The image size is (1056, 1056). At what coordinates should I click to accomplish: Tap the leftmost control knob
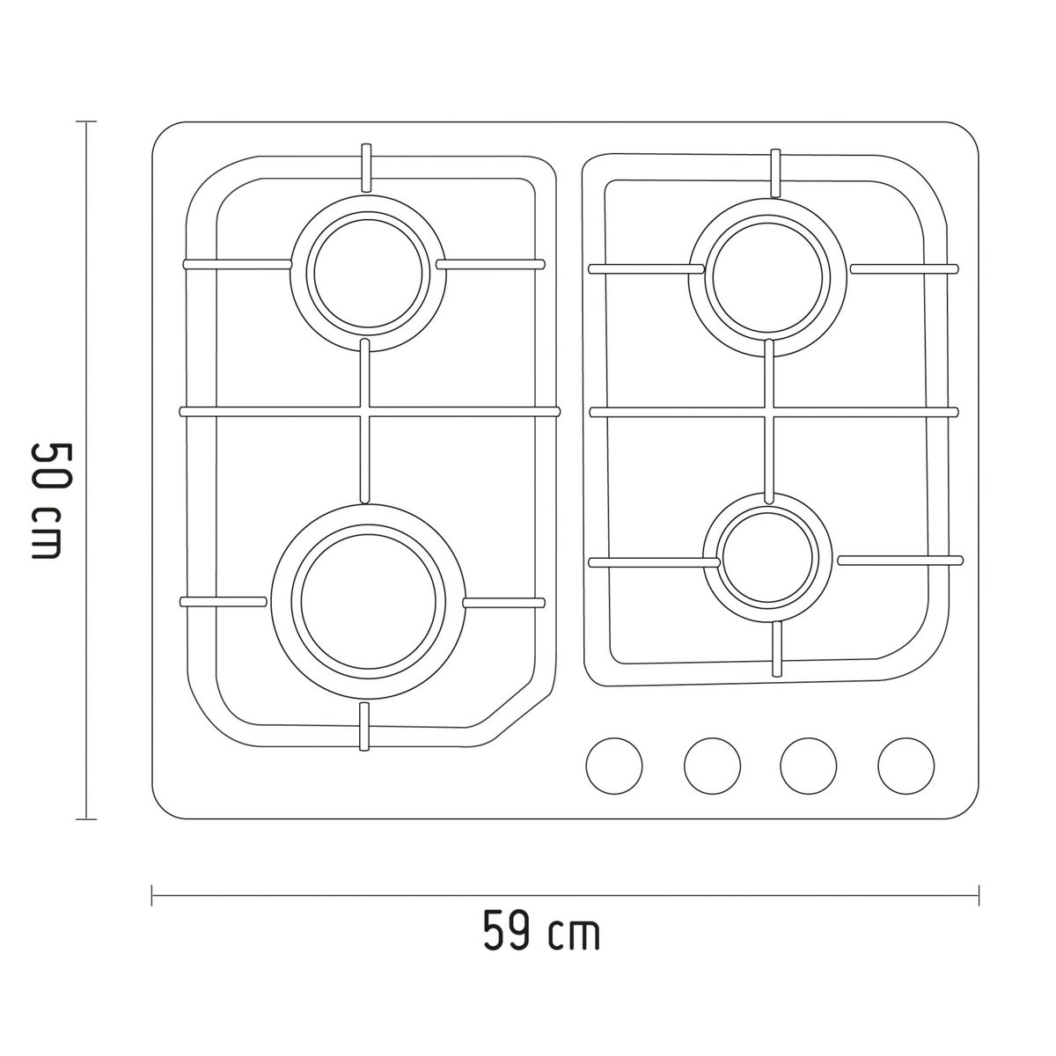click(x=614, y=763)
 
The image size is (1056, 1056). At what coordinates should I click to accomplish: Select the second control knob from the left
click(x=712, y=763)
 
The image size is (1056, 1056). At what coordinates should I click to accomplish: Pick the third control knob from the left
click(x=809, y=763)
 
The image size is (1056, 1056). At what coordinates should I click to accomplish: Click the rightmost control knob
click(x=906, y=763)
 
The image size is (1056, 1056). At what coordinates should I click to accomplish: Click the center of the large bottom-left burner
click(x=368, y=598)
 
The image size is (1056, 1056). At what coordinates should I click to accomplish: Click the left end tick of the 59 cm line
click(x=153, y=896)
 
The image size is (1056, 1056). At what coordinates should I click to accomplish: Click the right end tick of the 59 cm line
click(x=979, y=896)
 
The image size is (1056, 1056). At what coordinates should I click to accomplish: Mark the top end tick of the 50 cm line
click(x=85, y=121)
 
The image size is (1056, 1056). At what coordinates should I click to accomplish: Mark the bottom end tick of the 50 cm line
click(x=85, y=819)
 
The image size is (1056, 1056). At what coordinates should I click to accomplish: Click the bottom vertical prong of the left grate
click(x=365, y=727)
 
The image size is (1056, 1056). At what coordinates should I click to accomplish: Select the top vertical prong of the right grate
click(x=776, y=172)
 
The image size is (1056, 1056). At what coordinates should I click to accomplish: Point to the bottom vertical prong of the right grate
click(x=777, y=649)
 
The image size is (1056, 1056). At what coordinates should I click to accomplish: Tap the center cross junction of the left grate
click(x=365, y=411)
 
